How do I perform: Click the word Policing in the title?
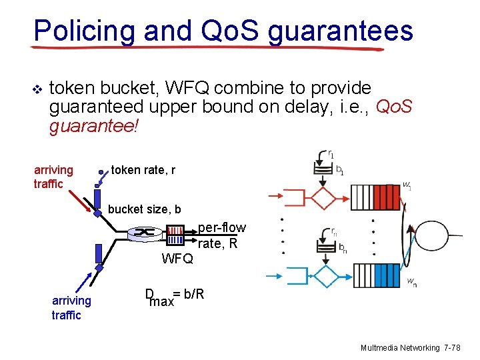tap(75, 31)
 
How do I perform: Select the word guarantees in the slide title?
tap(341, 32)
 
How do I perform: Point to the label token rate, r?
tap(143, 170)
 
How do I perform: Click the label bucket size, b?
tap(144, 209)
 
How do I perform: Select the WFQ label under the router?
tap(177, 259)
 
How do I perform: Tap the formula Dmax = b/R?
tap(174, 297)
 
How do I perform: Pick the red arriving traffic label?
tap(53, 177)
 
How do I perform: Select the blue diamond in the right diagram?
tap(326, 275)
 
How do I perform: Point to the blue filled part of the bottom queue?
tap(387, 275)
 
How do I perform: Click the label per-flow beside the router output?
tap(221, 228)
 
